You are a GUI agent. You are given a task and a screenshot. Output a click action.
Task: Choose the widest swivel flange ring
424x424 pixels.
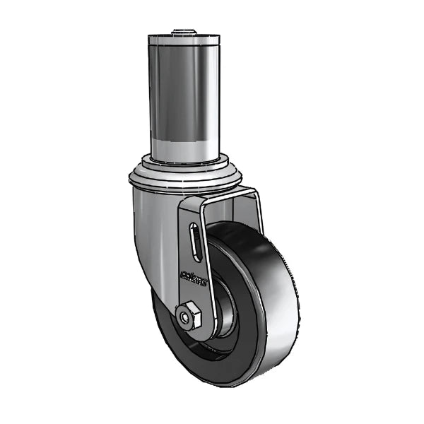[x=185, y=177]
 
